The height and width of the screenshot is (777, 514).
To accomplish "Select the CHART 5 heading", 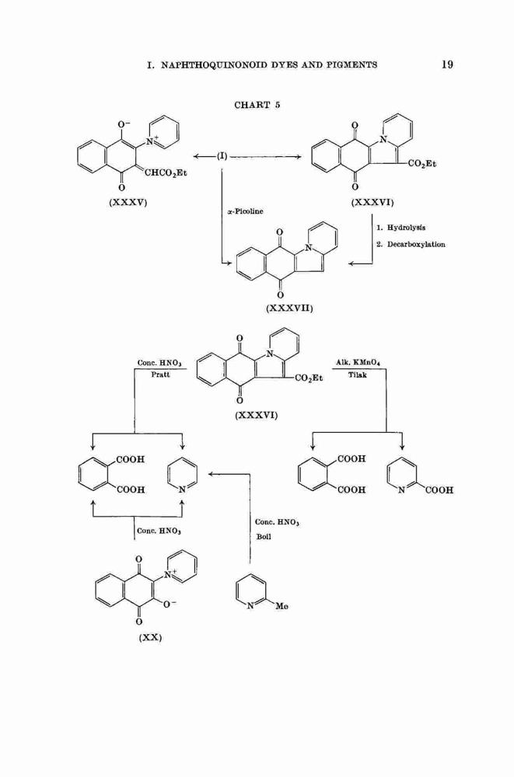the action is [257, 105].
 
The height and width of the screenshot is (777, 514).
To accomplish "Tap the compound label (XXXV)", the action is [128, 203].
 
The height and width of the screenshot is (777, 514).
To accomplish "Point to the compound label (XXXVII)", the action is [290, 308].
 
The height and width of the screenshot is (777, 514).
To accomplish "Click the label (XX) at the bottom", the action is [150, 637].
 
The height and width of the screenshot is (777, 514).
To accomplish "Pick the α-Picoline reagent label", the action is [245, 211].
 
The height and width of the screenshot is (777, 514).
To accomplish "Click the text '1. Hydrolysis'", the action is [400, 228].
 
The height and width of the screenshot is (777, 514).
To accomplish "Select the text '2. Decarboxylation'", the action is [411, 244].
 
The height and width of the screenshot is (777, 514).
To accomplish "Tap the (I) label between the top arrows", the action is [222, 156].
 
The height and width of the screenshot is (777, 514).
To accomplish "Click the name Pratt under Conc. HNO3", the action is [160, 375].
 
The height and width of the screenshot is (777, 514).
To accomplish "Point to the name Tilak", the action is [357, 375].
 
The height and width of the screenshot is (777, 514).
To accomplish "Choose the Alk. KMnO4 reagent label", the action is [358, 363].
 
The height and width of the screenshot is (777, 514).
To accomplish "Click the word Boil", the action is [264, 537].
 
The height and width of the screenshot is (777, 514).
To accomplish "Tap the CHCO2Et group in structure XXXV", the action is [166, 173].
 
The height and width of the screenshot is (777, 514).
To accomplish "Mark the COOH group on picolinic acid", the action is [439, 490].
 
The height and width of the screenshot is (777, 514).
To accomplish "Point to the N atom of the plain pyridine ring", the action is [183, 490].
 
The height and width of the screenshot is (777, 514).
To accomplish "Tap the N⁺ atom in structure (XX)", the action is [170, 575].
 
